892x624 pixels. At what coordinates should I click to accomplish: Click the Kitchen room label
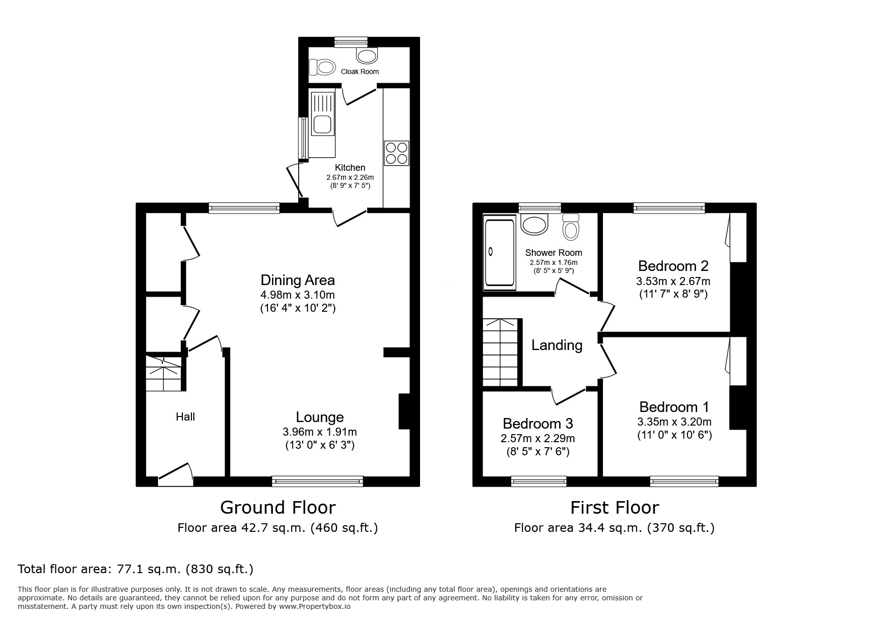click(350, 168)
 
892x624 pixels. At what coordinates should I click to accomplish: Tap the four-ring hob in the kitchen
click(396, 153)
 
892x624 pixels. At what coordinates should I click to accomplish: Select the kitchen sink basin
click(321, 124)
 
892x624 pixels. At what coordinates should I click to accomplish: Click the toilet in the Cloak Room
click(322, 66)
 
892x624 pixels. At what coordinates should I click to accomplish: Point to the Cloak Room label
click(360, 72)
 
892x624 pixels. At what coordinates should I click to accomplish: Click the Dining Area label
click(297, 280)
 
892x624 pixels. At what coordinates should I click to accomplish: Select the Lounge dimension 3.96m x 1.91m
click(319, 432)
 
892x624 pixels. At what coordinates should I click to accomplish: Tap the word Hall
click(185, 417)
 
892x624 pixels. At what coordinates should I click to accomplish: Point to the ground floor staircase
click(163, 374)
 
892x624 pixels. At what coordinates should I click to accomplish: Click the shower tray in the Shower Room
click(499, 252)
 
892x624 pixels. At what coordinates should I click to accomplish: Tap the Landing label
click(557, 345)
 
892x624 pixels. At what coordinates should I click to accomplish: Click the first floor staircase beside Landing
click(500, 352)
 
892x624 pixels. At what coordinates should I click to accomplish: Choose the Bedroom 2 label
click(673, 265)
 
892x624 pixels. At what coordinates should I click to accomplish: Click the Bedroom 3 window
click(538, 481)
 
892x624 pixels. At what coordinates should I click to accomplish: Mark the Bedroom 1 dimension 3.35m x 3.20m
click(674, 422)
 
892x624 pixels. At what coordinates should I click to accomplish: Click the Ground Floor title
click(278, 507)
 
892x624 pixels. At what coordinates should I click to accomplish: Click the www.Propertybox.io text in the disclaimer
click(315, 606)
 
